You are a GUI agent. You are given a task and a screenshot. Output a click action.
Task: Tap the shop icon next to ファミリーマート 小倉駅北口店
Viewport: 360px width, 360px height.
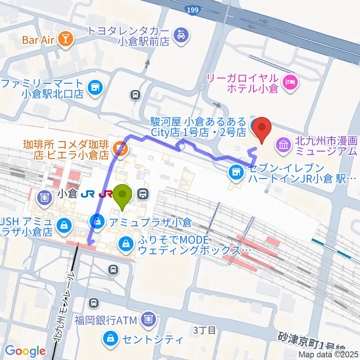[94, 88]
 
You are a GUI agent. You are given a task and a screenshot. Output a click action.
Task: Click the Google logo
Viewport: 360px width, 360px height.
[25, 351]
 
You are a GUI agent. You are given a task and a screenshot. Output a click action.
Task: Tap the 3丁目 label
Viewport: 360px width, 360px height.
[205, 330]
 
